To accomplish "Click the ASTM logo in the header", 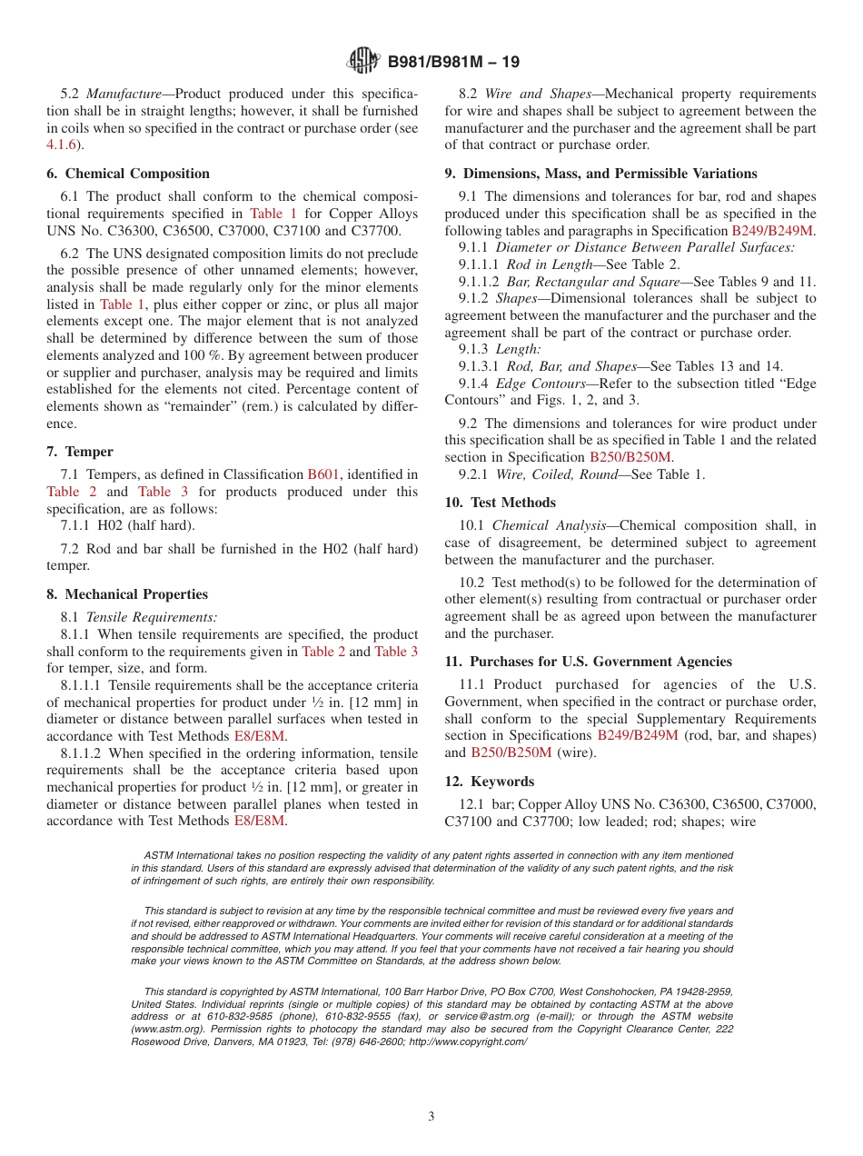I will click(x=363, y=63).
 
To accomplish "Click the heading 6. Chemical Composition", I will click(x=128, y=174).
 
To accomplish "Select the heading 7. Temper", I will click(x=80, y=452).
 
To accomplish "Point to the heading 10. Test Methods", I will click(x=500, y=503).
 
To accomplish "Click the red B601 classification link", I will click(x=324, y=474).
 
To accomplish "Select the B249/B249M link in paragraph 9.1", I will click(x=772, y=231).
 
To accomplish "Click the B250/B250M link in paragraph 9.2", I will click(x=630, y=457).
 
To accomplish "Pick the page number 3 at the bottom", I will click(x=431, y=1117).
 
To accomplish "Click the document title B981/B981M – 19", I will click(x=453, y=63).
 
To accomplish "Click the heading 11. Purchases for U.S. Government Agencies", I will click(x=588, y=662).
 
